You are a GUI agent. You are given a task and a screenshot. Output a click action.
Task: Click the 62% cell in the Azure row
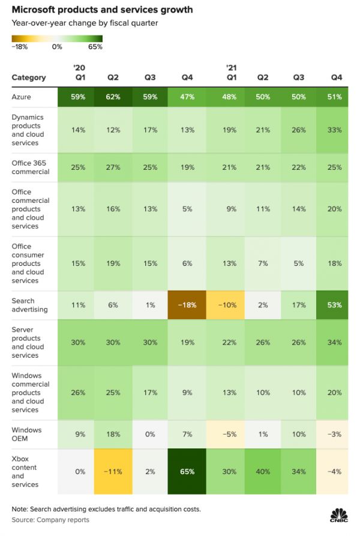point(112,97)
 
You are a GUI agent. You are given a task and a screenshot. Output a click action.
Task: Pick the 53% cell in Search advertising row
point(335,305)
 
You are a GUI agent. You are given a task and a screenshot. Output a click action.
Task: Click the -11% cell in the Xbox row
point(112,472)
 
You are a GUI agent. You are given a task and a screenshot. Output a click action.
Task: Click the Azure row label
point(22,97)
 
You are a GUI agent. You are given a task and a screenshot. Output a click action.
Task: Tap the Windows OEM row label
point(26,435)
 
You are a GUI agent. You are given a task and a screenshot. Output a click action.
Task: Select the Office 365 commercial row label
point(29,167)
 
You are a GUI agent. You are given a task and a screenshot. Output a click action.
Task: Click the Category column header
point(29,77)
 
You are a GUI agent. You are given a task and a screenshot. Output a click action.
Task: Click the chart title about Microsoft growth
point(103,10)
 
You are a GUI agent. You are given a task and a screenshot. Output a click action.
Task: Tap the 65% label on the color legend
point(95,47)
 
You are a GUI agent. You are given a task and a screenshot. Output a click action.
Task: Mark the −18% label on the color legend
point(20,47)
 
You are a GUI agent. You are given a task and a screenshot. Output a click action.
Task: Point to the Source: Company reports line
point(50,520)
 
